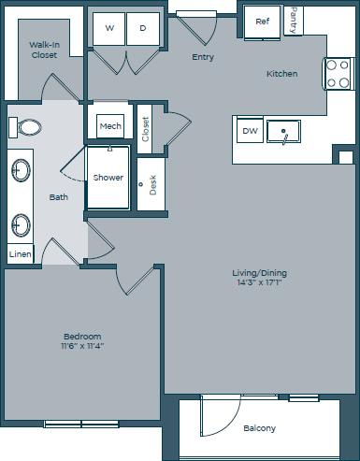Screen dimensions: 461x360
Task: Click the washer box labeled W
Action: (109, 28)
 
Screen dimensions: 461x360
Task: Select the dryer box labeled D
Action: (143, 28)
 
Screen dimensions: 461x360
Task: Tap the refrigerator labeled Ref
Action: (263, 22)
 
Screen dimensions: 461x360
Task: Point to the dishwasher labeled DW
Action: (250, 131)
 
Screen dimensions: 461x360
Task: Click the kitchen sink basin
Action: (284, 132)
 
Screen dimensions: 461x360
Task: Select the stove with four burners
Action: (337, 74)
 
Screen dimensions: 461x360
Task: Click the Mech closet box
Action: (110, 125)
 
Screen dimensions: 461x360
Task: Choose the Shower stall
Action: (108, 177)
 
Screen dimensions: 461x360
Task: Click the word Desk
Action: (152, 184)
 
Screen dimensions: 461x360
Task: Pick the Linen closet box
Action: (19, 254)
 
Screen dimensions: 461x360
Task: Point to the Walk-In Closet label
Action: (43, 49)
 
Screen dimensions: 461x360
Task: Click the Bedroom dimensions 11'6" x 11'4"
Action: (82, 345)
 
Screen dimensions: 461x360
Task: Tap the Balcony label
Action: (259, 428)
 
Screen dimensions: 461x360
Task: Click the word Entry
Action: (203, 57)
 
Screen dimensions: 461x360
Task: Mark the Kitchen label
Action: (281, 73)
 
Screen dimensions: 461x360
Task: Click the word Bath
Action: (59, 196)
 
